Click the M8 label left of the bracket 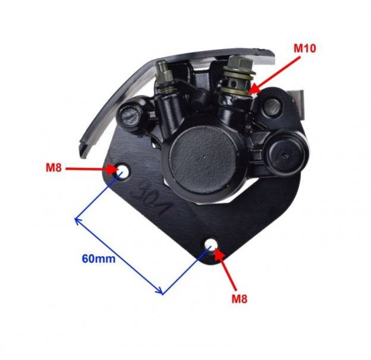tap(54, 168)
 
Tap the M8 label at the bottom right tap(239, 299)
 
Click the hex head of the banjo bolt tap(240, 62)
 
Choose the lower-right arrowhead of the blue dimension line tap(160, 291)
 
